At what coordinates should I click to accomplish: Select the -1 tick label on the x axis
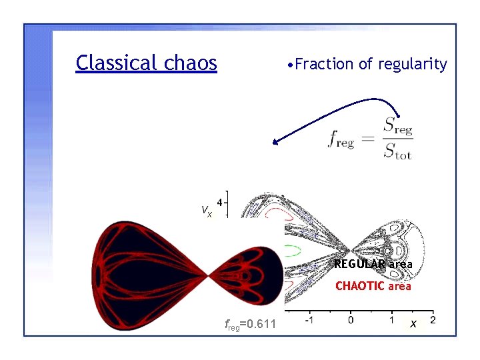pyautogui.click(x=309, y=321)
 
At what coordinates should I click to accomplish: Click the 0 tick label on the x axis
pyautogui.click(x=351, y=321)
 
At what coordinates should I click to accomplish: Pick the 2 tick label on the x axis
pyautogui.click(x=433, y=321)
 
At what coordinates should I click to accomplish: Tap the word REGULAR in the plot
pyautogui.click(x=359, y=264)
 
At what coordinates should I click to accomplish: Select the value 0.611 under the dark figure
pyautogui.click(x=261, y=325)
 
